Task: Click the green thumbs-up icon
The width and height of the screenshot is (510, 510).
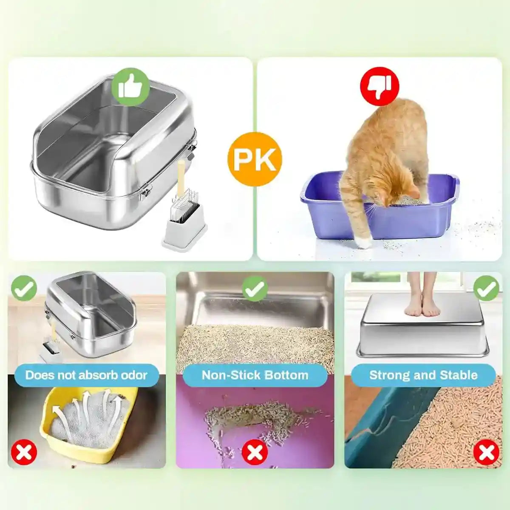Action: [130, 87]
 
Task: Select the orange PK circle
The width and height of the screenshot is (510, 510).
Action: [255, 159]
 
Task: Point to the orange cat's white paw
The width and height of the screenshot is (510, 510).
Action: [364, 242]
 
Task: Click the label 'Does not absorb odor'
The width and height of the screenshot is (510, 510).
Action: [86, 375]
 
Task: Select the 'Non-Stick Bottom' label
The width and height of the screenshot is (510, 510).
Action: [255, 375]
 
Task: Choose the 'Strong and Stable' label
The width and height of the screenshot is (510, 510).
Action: [423, 375]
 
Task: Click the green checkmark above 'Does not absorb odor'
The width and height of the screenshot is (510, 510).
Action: [24, 288]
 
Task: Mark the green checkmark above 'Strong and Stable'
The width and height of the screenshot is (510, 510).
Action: [486, 288]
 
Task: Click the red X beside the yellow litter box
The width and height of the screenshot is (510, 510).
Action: [24, 452]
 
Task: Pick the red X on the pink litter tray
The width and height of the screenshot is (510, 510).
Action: [255, 452]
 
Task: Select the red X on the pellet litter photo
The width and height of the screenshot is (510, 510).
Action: [486, 452]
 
